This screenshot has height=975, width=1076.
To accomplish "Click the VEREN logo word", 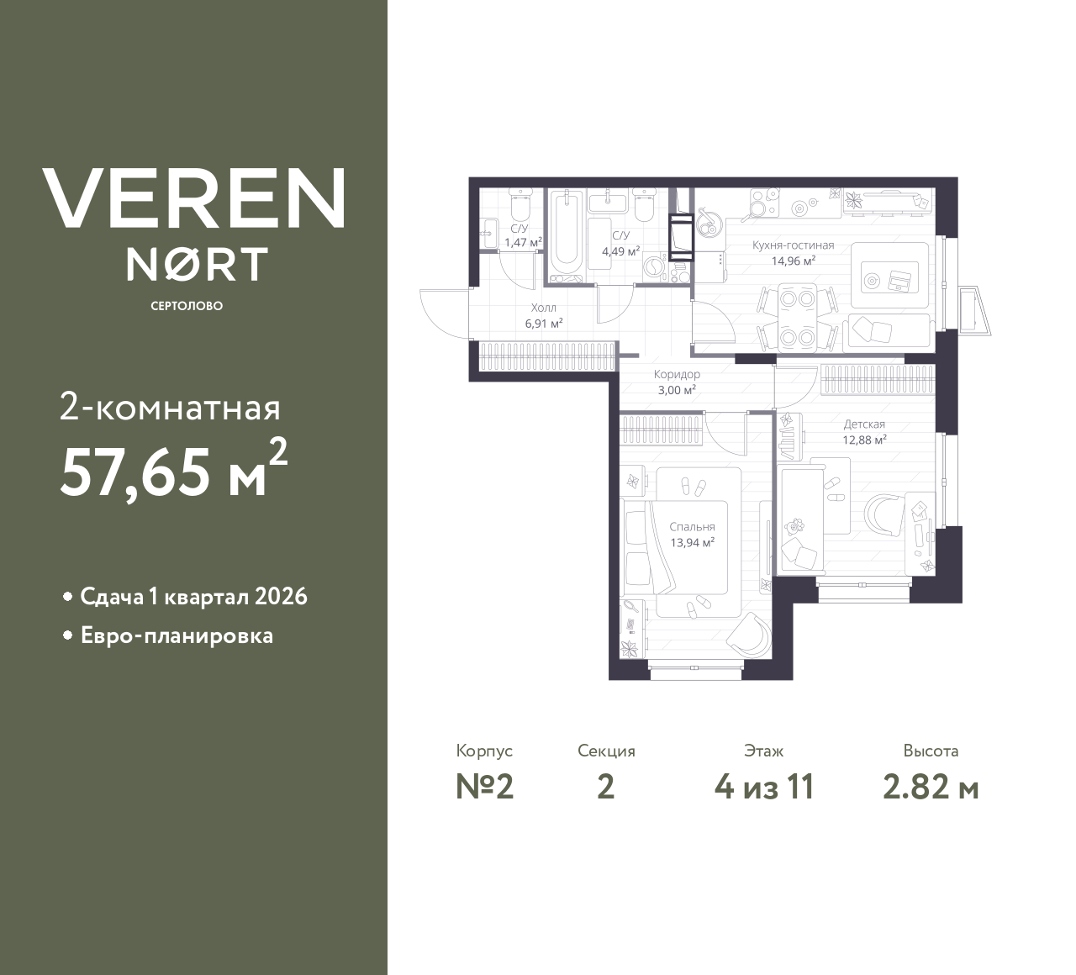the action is click(x=193, y=198).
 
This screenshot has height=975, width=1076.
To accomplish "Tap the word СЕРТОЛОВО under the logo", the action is click(x=187, y=306).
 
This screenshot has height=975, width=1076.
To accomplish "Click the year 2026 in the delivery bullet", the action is click(x=281, y=597).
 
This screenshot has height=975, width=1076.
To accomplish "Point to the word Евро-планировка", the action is click(x=177, y=636).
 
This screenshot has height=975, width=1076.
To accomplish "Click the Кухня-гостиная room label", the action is click(x=794, y=245).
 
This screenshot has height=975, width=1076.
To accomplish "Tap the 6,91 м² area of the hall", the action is click(x=544, y=324).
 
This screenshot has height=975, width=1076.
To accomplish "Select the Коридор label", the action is click(x=677, y=374).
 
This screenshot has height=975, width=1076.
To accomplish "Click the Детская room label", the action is click(x=864, y=424).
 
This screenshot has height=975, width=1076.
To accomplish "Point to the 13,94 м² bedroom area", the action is click(x=692, y=543).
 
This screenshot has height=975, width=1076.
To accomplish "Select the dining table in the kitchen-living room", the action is click(x=797, y=319).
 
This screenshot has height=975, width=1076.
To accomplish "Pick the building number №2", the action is click(x=485, y=788).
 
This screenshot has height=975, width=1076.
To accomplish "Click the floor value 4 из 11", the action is click(x=764, y=788).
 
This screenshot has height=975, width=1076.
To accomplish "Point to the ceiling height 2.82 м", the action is click(x=931, y=788).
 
